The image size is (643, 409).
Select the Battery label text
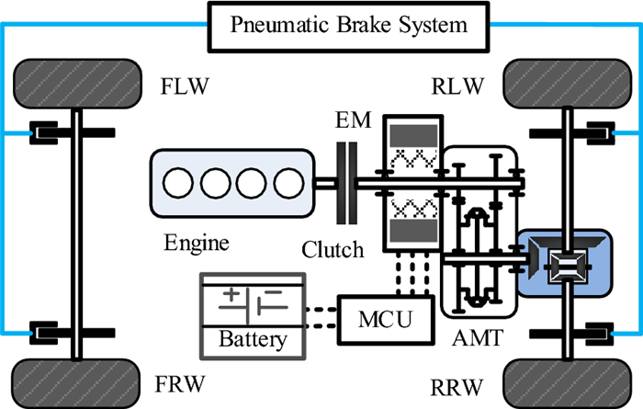pyautogui.click(x=253, y=339)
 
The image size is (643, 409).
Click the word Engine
pyautogui.click(x=196, y=244)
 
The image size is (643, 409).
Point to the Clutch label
pyautogui.click(x=333, y=249)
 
